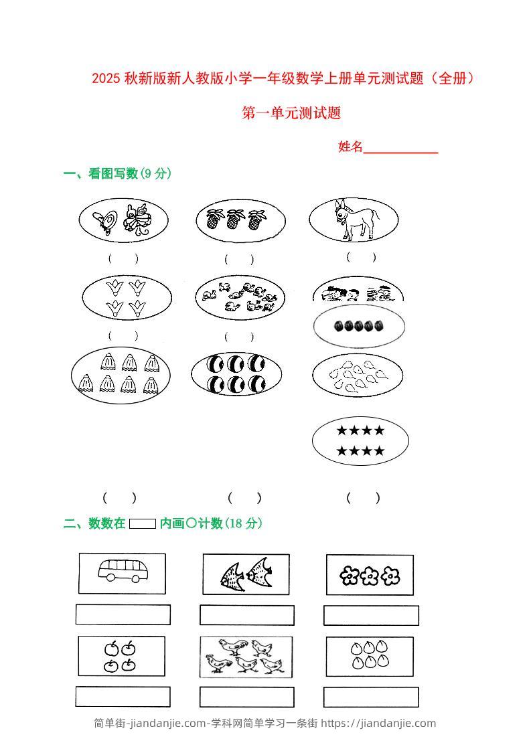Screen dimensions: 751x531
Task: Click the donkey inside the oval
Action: tap(356, 220)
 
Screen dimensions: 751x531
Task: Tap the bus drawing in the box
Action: tap(123, 570)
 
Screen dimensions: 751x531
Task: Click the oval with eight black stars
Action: tap(360, 440)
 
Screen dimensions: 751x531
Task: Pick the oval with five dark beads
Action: tap(359, 326)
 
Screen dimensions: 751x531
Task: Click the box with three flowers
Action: tap(370, 575)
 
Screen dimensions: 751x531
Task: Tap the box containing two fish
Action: tap(246, 574)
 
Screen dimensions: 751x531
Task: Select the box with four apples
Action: tap(121, 656)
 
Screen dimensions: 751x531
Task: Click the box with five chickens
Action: tap(246, 657)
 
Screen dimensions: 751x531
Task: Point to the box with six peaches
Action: tap(370, 656)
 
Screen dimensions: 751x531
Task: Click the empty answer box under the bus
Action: tap(123, 614)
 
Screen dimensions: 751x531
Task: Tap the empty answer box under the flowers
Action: tap(371, 615)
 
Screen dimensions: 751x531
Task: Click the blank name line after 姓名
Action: tap(400, 148)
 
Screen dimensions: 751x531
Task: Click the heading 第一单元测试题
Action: tap(291, 113)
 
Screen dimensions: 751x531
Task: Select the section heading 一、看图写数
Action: tap(100, 174)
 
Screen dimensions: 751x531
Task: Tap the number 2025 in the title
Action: tap(106, 79)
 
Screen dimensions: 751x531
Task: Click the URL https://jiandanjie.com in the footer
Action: tap(378, 723)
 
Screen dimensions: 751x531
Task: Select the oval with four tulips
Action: tap(127, 297)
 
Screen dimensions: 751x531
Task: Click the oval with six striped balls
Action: tap(238, 373)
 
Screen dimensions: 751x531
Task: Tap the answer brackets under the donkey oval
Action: tap(361, 257)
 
